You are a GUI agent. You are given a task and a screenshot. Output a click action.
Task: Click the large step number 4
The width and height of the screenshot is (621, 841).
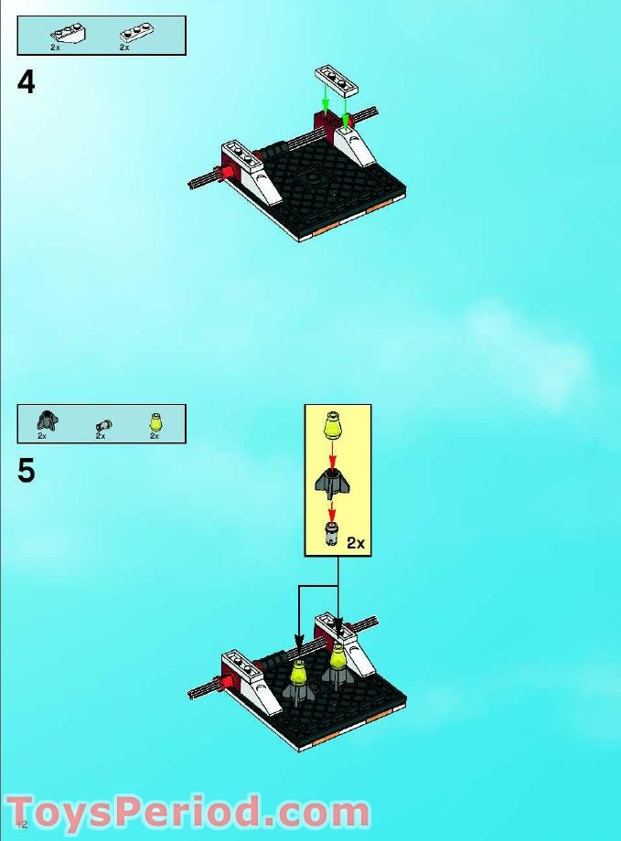27,83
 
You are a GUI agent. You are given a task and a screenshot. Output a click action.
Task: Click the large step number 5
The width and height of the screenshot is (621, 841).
27,472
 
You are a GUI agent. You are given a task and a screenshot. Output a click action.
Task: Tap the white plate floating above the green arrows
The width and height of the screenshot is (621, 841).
335,80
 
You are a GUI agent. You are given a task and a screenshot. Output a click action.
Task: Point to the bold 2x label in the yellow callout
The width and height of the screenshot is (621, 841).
356,543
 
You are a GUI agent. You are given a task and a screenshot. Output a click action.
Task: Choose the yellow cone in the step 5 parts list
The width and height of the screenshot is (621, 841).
155,422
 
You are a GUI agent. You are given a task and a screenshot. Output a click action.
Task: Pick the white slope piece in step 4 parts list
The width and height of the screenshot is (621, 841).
62,36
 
